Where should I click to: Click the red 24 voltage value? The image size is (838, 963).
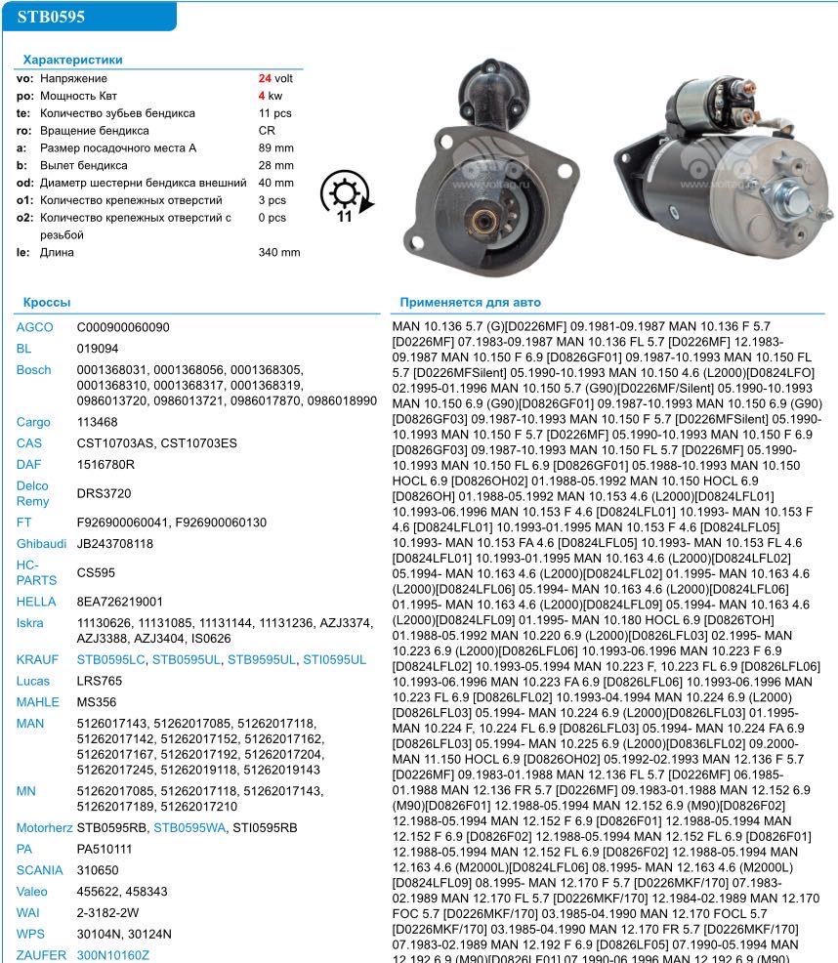(x=264, y=78)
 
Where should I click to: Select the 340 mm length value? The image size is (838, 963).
(x=278, y=253)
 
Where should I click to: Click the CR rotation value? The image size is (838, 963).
(x=266, y=131)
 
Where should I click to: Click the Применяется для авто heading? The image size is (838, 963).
(x=470, y=304)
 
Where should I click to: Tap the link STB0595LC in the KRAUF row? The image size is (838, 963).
(x=111, y=660)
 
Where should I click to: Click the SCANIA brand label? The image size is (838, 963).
(x=38, y=869)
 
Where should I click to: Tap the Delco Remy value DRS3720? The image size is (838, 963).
(x=105, y=494)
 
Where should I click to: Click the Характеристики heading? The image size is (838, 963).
(x=72, y=61)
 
